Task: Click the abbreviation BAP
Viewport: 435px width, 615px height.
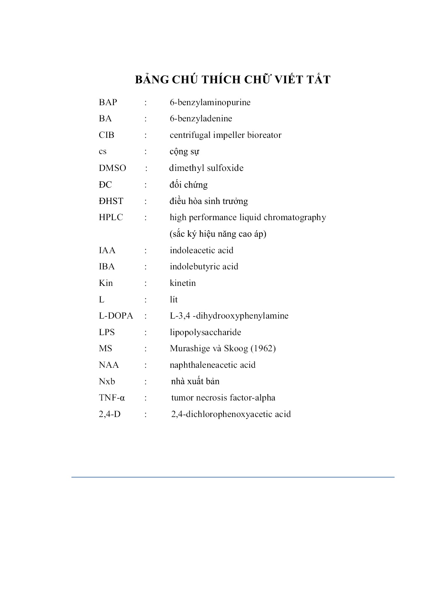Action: (108, 102)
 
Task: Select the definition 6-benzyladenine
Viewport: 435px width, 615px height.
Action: (201, 119)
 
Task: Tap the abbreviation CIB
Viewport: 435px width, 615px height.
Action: (106, 135)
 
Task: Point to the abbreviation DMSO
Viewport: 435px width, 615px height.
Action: (112, 168)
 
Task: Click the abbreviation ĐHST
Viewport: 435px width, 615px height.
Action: (111, 201)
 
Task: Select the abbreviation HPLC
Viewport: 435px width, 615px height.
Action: (111, 218)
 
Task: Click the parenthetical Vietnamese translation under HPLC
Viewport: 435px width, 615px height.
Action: (218, 234)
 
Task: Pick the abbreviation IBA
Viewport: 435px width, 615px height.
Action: (107, 267)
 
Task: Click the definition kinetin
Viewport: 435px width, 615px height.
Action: (183, 283)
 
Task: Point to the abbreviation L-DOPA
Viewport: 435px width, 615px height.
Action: (116, 316)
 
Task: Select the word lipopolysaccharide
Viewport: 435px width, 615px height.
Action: (205, 332)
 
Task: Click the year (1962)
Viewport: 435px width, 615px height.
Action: (263, 349)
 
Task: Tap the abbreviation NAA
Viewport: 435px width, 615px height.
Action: (109, 365)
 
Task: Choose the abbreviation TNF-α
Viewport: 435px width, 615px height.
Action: (112, 398)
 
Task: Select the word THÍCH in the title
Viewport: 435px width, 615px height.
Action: (221, 80)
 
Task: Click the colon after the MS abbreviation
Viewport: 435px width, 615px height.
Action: (146, 349)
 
